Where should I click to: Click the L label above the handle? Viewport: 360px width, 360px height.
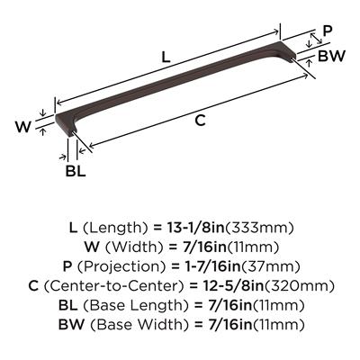coord(166,57)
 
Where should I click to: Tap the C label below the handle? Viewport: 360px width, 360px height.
coord(200,121)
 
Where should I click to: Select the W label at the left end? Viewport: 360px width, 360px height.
coord(23,127)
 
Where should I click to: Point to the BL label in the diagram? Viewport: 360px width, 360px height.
coord(76,171)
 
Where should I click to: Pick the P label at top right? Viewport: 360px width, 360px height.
coord(327,30)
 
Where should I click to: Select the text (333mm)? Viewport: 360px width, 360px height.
coord(259,229)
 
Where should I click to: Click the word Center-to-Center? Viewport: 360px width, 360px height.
coord(113,286)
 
